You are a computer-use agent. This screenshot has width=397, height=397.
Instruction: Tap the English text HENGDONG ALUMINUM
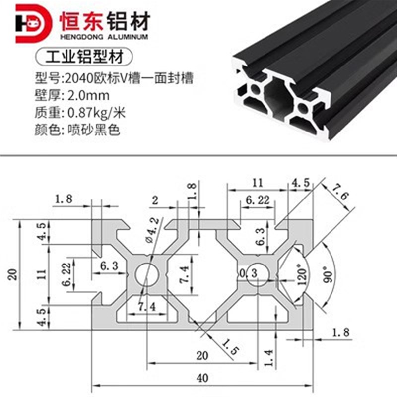104,38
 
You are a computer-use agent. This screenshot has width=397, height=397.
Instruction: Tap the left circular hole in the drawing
147,273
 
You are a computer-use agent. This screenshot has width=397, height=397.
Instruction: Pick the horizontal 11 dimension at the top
257,182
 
